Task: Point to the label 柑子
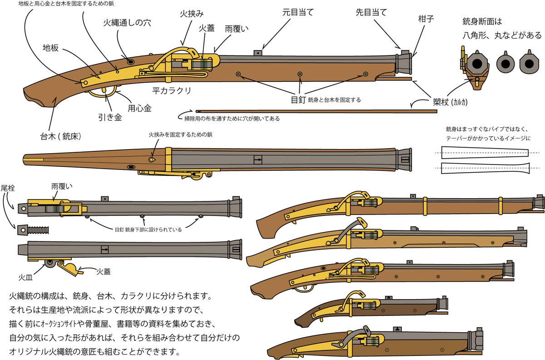[427, 20]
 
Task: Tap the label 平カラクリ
[172, 90]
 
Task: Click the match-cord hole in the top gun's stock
[131, 61]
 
